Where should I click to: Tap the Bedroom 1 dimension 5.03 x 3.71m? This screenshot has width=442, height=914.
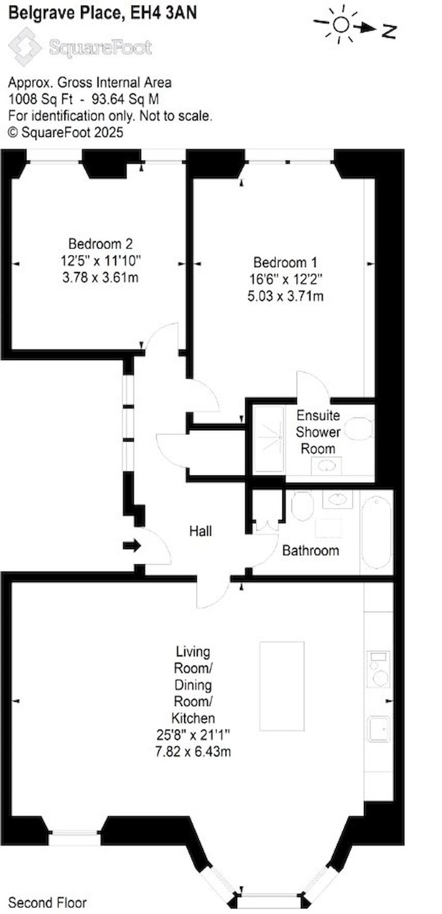point(285,295)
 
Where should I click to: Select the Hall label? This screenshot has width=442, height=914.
point(201,531)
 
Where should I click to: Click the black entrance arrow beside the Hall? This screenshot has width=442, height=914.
point(132,546)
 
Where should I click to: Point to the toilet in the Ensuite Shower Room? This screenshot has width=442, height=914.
point(359,428)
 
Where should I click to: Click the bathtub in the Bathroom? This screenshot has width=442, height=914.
point(376,532)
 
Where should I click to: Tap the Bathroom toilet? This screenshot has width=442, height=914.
point(302,506)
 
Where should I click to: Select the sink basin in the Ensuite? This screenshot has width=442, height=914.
point(326,466)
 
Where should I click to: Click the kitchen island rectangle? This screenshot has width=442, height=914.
point(282,686)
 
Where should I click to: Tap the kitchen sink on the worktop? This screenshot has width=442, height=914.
point(378,728)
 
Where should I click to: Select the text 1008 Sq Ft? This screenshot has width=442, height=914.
point(41,99)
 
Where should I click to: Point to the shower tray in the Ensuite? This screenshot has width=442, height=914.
point(269,440)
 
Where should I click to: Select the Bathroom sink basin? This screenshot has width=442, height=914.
point(337,499)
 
